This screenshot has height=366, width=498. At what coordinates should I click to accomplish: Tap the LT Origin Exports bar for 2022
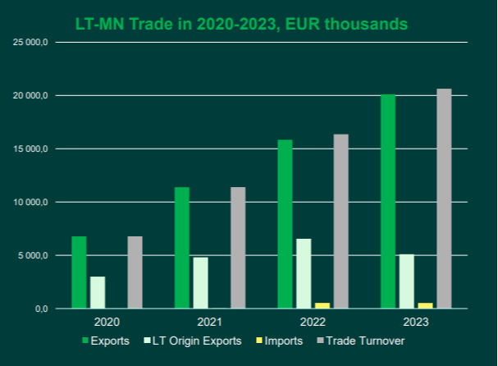[x=304, y=273]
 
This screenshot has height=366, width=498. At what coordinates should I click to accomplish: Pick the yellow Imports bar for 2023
[x=425, y=305]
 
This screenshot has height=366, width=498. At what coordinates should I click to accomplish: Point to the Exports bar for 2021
[x=181, y=248]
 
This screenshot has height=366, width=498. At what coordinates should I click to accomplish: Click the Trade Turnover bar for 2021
[x=238, y=248]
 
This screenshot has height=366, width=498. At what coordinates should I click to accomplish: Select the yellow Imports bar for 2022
[x=322, y=305]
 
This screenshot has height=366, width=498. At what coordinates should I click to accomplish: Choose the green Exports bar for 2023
[x=387, y=201]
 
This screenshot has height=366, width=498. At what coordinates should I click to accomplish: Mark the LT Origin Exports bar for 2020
[x=98, y=292]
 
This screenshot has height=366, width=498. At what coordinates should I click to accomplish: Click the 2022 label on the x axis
[x=313, y=323]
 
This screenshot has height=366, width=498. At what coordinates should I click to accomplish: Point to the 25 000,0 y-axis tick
[x=33, y=42]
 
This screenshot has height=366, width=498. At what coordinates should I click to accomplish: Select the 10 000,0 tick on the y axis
[x=33, y=202]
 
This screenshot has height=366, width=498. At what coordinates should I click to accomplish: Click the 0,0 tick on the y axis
[x=41, y=309]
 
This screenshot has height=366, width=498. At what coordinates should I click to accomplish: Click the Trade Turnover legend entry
[x=364, y=341]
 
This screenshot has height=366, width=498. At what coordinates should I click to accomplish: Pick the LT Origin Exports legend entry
[x=198, y=341]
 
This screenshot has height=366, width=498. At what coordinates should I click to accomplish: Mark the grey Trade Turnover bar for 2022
[x=340, y=222]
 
